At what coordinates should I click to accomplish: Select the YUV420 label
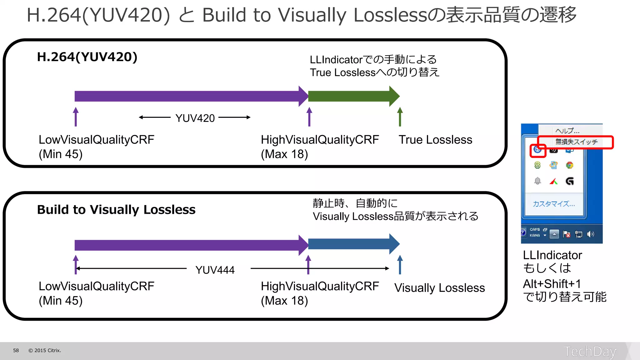pyautogui.click(x=195, y=118)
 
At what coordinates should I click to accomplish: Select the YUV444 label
pyautogui.click(x=215, y=270)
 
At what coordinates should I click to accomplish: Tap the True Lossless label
pyautogui.click(x=435, y=140)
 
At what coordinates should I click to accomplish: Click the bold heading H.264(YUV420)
pyautogui.click(x=87, y=57)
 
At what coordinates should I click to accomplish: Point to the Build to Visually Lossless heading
pyautogui.click(x=116, y=210)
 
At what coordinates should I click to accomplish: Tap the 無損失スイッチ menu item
pyautogui.click(x=576, y=142)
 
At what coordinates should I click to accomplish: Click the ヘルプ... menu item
pyautogui.click(x=567, y=131)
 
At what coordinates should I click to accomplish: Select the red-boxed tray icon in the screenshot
pyautogui.click(x=537, y=150)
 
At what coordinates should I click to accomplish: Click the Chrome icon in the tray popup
pyautogui.click(x=569, y=165)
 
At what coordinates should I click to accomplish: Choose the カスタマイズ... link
pyautogui.click(x=554, y=204)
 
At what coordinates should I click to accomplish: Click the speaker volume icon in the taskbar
pyautogui.click(x=590, y=234)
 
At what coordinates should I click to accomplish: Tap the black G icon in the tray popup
pyautogui.click(x=569, y=181)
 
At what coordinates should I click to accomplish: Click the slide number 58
pyautogui.click(x=16, y=351)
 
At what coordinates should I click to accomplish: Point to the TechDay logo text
pyautogui.click(x=590, y=351)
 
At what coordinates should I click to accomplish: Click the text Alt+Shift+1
pyautogui.click(x=552, y=284)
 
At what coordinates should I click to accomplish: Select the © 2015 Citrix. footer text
pyautogui.click(x=45, y=351)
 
